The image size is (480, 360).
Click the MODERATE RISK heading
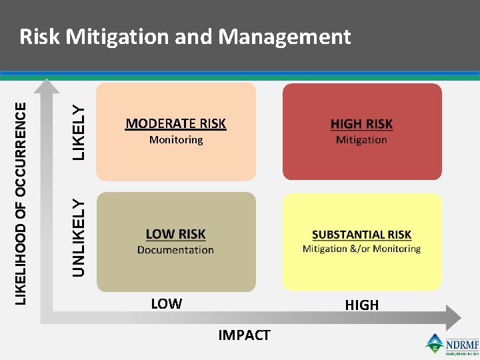[175, 123]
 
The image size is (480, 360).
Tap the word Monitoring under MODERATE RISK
[176, 140]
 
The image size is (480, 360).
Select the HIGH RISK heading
[361, 124]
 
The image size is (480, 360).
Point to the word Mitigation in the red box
[361, 140]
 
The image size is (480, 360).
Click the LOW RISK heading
[175, 234]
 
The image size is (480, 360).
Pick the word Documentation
[175, 250]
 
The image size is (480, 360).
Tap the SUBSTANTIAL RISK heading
[361, 235]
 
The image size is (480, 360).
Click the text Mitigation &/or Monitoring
[361, 249]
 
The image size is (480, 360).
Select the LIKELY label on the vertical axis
[79, 132]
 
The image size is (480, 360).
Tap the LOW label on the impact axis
[166, 304]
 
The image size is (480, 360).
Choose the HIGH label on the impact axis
[361, 305]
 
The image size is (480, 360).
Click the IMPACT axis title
[244, 335]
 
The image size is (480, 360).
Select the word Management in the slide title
[285, 37]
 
